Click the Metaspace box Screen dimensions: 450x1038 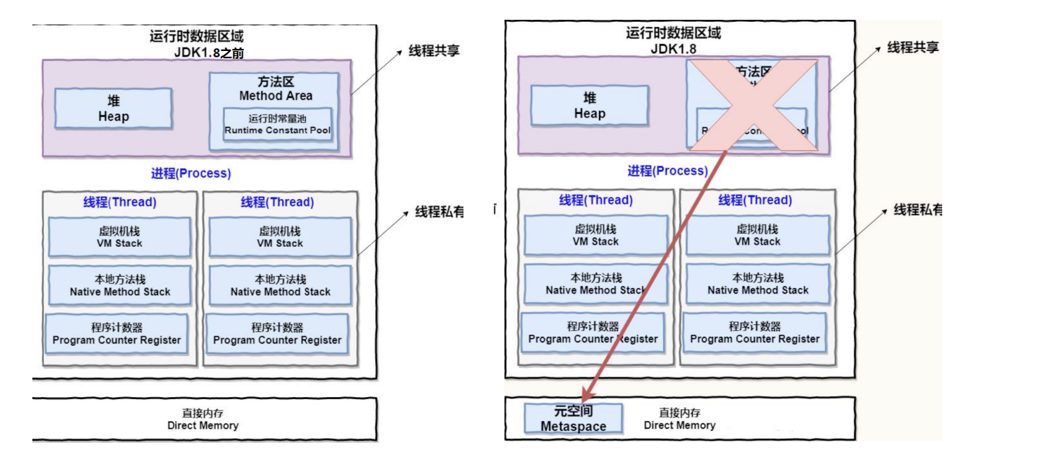(573, 418)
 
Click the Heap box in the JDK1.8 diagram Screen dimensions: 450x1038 (589, 106)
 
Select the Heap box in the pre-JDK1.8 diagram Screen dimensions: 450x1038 (113, 109)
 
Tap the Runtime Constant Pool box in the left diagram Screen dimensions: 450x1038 (277, 124)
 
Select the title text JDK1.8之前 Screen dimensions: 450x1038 (209, 53)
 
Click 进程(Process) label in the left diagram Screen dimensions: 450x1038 (191, 173)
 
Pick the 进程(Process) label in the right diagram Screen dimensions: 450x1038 (667, 171)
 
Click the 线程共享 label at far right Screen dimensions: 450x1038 (912, 48)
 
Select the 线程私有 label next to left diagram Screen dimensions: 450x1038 (439, 212)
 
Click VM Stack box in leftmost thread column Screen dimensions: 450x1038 (120, 237)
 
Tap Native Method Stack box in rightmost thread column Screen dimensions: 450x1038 (758, 284)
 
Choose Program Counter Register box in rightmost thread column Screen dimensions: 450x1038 (754, 332)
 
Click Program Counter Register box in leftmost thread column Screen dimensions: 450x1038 (116, 334)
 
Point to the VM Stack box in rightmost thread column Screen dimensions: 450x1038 (758, 236)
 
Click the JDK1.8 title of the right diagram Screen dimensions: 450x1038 (673, 49)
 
